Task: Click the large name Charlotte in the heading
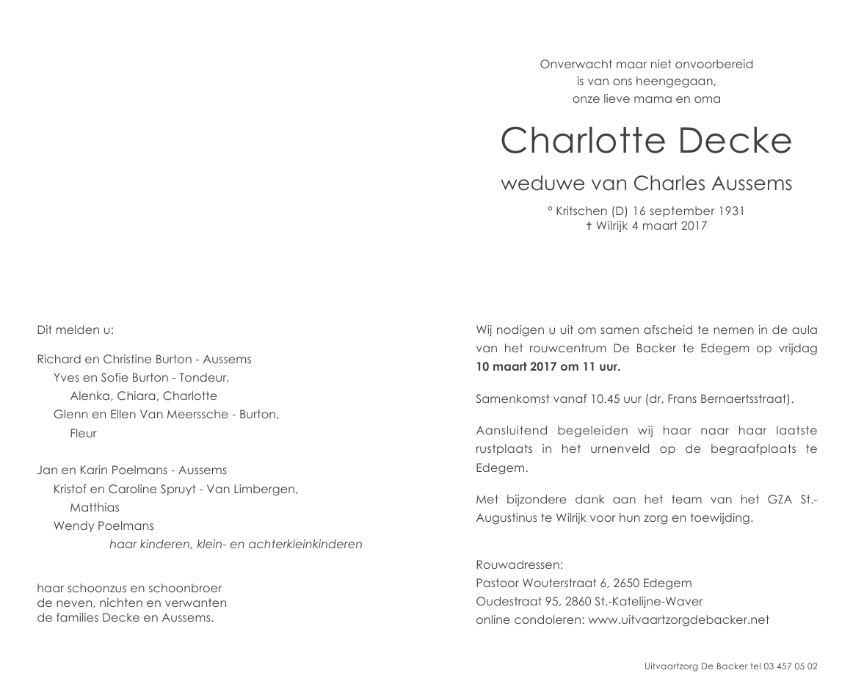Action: point(584,141)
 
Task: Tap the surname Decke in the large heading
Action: point(735,141)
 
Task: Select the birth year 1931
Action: point(730,211)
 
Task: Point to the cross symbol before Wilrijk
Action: point(589,226)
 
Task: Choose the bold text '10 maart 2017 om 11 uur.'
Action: point(548,367)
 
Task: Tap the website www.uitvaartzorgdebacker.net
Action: point(679,619)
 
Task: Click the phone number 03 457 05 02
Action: point(791,666)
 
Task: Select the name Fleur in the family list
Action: point(83,433)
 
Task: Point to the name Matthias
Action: point(94,507)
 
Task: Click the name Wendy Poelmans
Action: point(104,525)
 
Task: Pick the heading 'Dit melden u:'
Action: point(76,330)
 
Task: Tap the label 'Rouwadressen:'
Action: point(519,565)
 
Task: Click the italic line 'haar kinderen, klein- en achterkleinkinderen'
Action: point(236,545)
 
